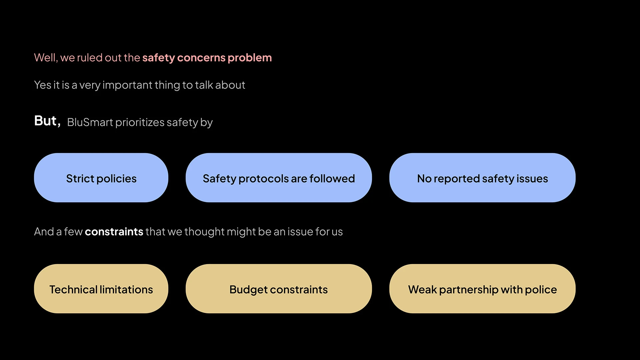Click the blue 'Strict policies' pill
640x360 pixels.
coord(101,178)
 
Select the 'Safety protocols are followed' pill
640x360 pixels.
coord(279,178)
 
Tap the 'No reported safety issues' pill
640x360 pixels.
coord(482,178)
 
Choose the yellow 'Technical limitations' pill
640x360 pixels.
coord(101,289)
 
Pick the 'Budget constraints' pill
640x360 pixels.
coord(279,289)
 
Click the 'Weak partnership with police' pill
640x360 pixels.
coord(482,289)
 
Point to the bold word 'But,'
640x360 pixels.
coord(47,121)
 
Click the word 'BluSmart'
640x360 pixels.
coord(90,122)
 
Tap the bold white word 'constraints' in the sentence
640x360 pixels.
coord(114,232)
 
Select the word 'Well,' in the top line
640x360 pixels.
coord(46,58)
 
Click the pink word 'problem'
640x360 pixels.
coord(250,58)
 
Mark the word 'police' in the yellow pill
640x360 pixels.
coord(541,290)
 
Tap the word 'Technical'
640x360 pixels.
coord(73,289)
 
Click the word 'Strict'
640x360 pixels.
coord(80,179)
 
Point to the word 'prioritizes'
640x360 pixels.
coord(140,123)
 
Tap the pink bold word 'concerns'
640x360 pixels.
coord(201,58)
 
